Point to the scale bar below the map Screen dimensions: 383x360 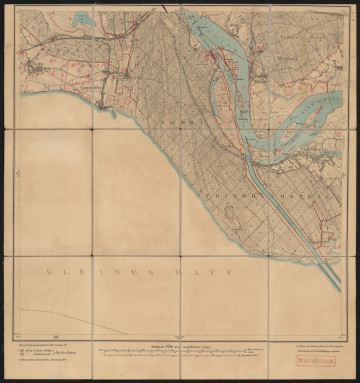(x=180, y=352)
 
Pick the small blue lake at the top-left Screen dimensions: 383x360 (x=83, y=18)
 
